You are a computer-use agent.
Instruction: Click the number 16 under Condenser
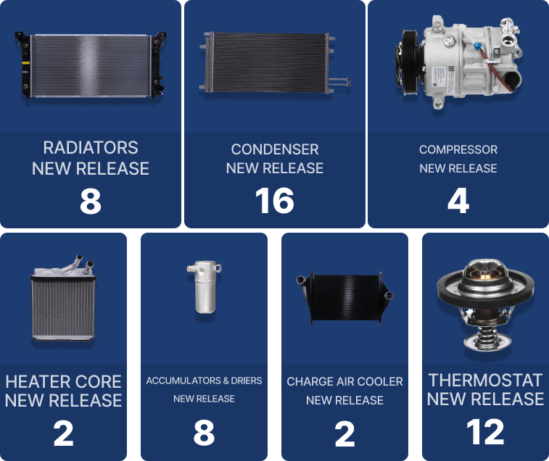click(x=274, y=201)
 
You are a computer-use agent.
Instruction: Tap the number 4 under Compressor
click(x=458, y=201)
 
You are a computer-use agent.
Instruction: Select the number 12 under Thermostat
click(x=485, y=432)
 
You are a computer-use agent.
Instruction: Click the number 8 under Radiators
click(x=91, y=202)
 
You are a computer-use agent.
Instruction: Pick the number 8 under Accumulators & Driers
click(x=204, y=433)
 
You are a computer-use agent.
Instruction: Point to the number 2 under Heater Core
click(x=63, y=433)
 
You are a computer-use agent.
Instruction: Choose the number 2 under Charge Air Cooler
click(x=345, y=434)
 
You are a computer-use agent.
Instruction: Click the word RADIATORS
click(x=91, y=148)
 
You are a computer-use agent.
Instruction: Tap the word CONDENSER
click(x=275, y=149)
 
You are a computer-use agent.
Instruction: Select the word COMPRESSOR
click(x=458, y=149)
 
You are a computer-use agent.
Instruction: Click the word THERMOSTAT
click(x=485, y=381)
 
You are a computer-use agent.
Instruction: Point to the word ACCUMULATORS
click(x=183, y=381)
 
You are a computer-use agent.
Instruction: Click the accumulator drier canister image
click(x=205, y=287)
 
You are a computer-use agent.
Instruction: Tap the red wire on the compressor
click(x=496, y=71)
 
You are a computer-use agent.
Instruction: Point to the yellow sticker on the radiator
click(x=25, y=63)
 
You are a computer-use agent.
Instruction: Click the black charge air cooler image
click(x=345, y=297)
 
